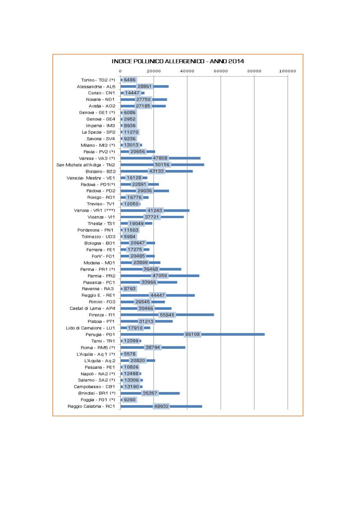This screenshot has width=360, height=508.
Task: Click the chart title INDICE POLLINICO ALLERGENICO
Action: [x=178, y=61]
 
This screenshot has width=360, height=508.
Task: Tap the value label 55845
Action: [x=167, y=315]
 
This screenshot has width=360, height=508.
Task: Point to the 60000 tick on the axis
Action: [x=221, y=71]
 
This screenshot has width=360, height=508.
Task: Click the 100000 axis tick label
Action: [x=287, y=71]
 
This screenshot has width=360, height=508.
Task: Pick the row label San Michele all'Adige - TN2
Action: [x=86, y=165]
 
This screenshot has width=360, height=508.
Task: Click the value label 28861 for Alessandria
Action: [x=144, y=87]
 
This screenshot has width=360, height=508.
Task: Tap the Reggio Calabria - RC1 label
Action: [x=91, y=406]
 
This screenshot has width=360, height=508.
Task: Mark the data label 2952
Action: [x=130, y=119]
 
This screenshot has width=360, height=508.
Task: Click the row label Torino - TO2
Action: [x=98, y=80]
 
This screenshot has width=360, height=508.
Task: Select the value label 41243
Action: [x=155, y=210]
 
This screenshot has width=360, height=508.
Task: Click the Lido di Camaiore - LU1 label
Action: [x=91, y=328]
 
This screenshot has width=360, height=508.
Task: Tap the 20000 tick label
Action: [x=154, y=71]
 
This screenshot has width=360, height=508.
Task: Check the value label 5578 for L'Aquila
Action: [x=130, y=354]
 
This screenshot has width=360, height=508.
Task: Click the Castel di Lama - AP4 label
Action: [x=92, y=308]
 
